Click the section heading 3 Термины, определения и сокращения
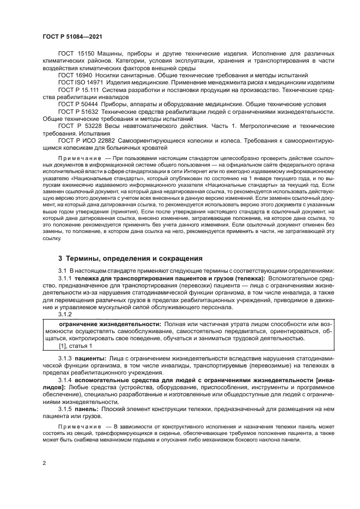(130, 258)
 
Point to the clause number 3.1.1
(65, 279)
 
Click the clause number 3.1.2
(65, 314)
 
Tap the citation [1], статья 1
(75, 345)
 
